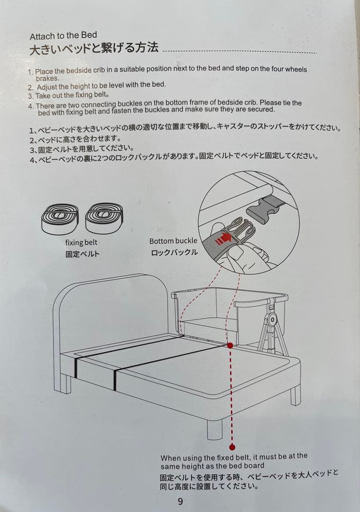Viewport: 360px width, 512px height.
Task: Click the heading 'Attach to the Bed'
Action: (64, 36)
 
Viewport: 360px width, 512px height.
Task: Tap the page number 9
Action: (181, 501)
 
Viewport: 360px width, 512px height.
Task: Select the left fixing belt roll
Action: (60, 219)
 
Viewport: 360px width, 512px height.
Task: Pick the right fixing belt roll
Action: (104, 218)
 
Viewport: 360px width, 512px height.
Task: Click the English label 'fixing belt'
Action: (81, 243)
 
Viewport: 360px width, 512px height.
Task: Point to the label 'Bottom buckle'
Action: (173, 241)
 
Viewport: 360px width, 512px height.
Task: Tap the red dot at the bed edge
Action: (231, 345)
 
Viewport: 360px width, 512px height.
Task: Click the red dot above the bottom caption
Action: (232, 448)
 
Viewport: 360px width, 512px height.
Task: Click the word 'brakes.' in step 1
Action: (48, 78)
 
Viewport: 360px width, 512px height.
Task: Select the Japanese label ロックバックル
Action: (174, 252)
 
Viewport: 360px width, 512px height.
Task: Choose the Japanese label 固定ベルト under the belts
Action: (83, 254)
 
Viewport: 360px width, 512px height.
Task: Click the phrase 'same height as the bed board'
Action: (212, 466)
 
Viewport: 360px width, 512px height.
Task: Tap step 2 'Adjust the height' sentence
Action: (102, 85)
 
